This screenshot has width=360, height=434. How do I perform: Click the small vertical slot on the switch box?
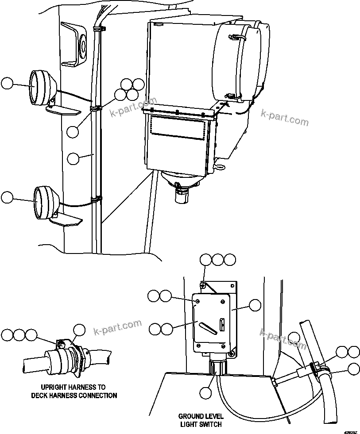[x=223, y=325]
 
